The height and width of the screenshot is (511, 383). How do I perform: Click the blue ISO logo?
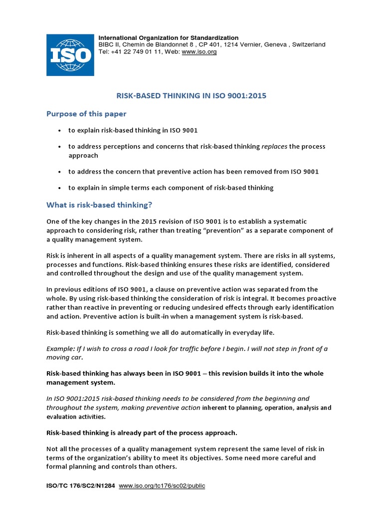tap(70, 55)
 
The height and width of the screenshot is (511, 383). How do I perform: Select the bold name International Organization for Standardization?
tap(169, 37)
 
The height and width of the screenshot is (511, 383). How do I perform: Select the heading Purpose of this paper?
tap(86, 113)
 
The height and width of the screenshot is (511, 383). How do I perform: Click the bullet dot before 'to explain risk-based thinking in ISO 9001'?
tap(59, 131)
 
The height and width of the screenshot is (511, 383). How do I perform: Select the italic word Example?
tap(61, 349)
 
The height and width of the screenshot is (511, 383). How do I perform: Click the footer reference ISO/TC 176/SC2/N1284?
tap(80, 485)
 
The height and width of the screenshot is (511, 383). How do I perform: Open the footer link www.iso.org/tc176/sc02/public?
tap(162, 485)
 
